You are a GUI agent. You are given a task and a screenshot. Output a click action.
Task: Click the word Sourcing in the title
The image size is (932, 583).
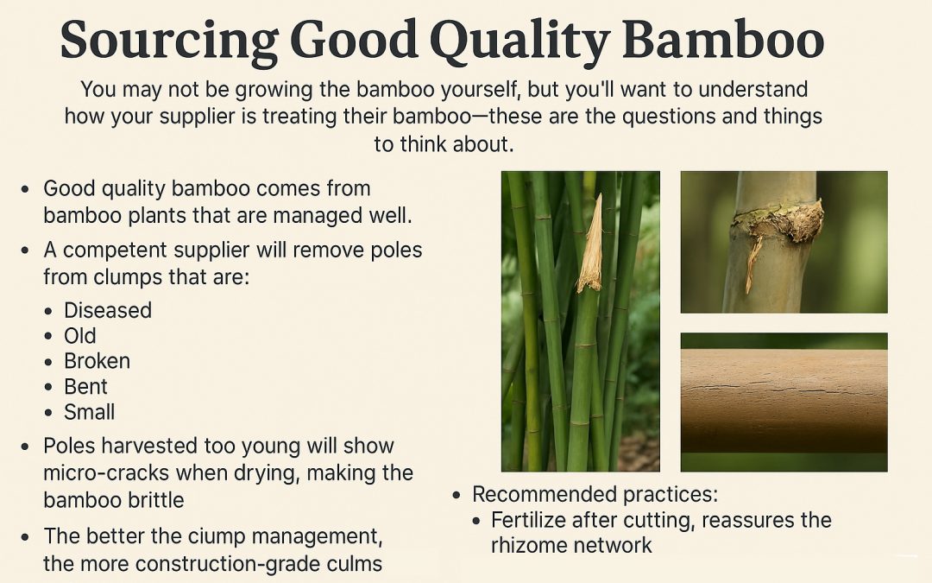tap(166, 40)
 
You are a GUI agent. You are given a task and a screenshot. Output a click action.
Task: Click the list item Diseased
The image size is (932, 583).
tap(108, 310)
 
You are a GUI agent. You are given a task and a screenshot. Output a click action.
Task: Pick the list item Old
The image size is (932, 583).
tap(80, 336)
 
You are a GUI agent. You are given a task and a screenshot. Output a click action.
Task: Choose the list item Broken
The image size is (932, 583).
tap(97, 361)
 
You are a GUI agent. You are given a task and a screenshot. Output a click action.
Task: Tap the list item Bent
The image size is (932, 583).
tap(85, 386)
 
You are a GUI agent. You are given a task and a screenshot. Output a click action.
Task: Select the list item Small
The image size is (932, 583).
tap(89, 412)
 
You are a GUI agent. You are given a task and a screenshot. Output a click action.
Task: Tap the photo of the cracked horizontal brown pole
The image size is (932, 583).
tap(784, 401)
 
